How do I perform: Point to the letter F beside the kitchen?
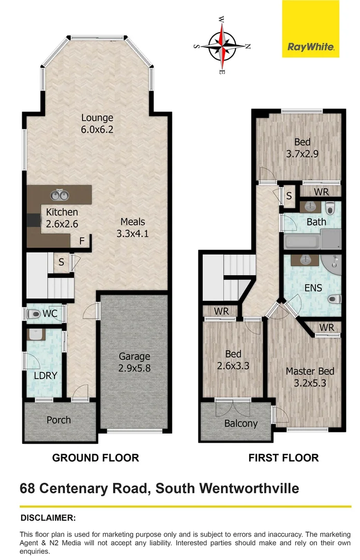tap(81, 241)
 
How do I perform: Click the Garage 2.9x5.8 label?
tap(134, 361)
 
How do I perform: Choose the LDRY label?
tap(45, 375)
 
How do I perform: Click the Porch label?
tap(59, 419)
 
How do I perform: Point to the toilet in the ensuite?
tap(334, 299)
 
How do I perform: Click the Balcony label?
tap(241, 424)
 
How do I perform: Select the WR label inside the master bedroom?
tap(327, 327)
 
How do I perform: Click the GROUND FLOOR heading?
tap(95, 458)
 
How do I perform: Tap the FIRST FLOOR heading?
tap(283, 458)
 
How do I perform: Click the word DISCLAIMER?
tap(48, 517)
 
